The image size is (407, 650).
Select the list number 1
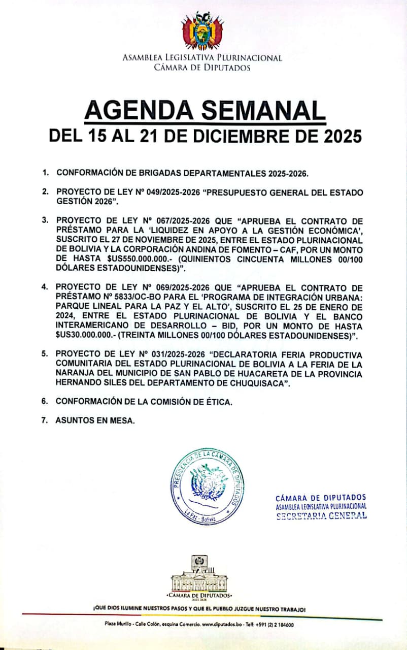point(45,173)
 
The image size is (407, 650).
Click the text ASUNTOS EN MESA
point(95,420)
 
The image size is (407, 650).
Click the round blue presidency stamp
point(206,486)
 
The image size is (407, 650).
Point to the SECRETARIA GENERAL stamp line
point(321,516)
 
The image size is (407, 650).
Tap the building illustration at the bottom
point(199,572)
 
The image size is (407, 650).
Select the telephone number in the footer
point(277,625)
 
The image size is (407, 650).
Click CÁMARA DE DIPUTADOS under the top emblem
point(202,67)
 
